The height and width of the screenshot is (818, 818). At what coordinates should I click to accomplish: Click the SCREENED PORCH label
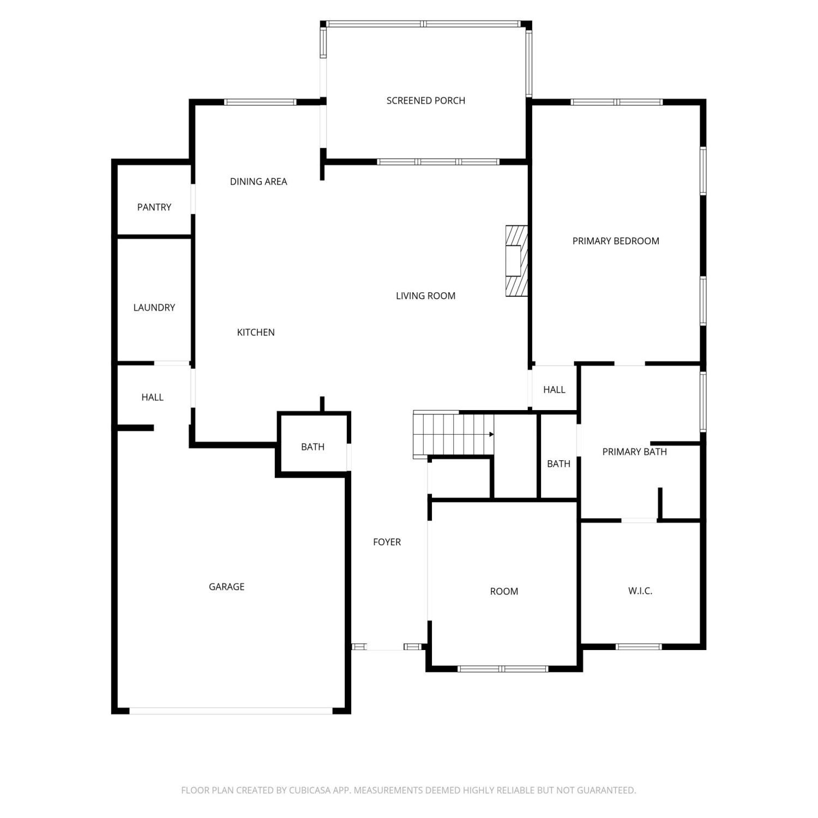tap(425, 100)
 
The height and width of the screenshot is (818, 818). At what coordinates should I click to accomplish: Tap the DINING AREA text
tap(258, 182)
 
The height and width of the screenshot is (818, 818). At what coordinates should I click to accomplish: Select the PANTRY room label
tap(154, 207)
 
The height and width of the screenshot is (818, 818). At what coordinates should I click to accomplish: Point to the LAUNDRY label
tap(154, 308)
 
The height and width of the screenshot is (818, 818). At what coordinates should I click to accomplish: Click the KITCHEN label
tap(256, 332)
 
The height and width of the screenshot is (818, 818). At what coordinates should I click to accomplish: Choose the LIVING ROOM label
tap(425, 296)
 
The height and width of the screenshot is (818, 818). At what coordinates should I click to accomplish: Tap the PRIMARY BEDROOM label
tap(616, 241)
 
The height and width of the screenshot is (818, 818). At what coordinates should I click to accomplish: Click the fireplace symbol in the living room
tap(516, 261)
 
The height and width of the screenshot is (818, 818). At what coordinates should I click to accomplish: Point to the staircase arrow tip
tap(494, 434)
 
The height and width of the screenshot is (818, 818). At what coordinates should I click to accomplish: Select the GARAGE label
tap(226, 587)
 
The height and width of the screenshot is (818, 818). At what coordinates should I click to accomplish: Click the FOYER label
tap(387, 542)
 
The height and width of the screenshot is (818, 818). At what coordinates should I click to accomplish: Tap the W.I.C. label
tap(640, 591)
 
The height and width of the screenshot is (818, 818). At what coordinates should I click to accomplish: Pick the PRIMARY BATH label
tap(634, 452)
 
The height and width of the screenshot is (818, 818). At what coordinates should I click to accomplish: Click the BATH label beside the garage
tap(312, 447)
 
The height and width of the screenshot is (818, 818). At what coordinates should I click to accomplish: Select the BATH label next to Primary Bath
tap(558, 464)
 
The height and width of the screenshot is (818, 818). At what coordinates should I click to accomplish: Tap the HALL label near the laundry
tap(152, 397)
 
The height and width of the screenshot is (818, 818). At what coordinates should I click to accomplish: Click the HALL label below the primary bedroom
tap(554, 389)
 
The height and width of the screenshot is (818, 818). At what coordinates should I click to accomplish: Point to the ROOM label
tap(504, 591)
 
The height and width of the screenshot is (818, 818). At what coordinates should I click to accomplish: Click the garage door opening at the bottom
tap(231, 711)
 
